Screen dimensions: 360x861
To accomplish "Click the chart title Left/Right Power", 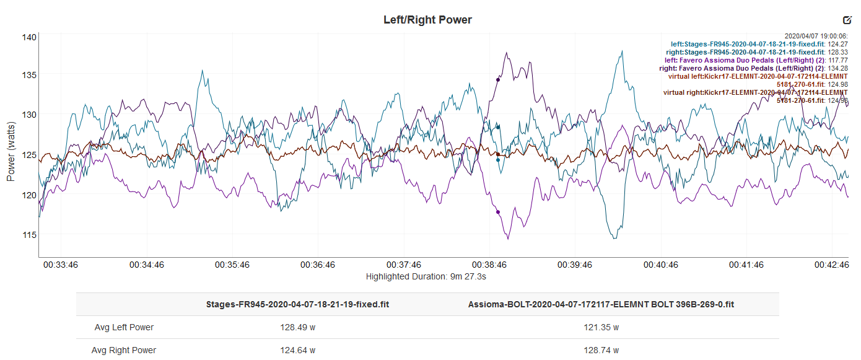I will point(427,20).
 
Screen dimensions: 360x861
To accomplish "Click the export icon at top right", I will point(847,20).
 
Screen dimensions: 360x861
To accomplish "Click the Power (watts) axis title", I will point(11,151).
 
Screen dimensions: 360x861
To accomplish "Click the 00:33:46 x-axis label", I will point(61,265).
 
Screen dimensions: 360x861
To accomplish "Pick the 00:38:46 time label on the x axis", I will point(489,265).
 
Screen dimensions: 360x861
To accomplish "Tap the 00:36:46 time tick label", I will point(318,265).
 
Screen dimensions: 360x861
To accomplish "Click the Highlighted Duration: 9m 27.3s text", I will point(426,276).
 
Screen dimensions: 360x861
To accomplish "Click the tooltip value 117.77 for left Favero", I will point(837,61).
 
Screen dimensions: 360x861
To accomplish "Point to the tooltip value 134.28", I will point(837,69).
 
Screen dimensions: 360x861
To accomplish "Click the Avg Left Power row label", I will point(124,327).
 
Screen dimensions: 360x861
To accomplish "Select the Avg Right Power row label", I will point(124,350).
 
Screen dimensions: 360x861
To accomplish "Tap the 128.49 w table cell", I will point(297,327).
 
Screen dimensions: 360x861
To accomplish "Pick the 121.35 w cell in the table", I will point(601,327).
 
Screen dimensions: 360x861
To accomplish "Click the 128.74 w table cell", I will point(601,350).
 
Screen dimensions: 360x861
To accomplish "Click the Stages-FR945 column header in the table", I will point(297,304).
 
